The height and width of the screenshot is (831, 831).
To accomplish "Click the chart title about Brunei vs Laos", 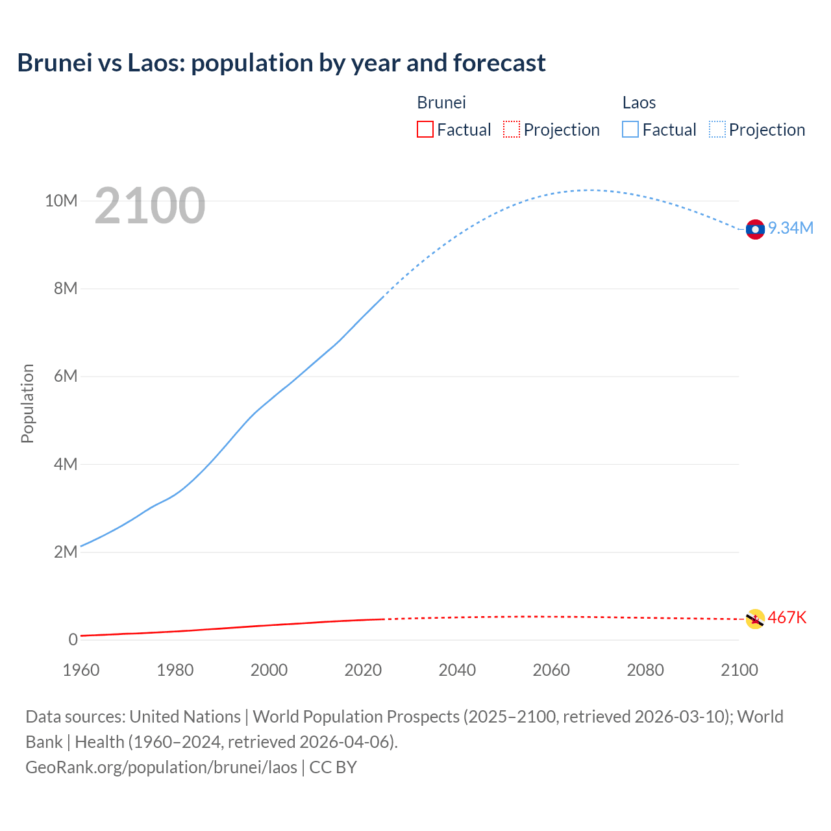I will coord(281,63).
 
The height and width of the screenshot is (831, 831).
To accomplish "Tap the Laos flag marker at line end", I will coord(755,229).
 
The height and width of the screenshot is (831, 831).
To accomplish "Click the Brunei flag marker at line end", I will coord(755,619).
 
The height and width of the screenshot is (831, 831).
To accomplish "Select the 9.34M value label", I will coord(791,228).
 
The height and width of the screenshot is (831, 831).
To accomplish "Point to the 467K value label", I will coord(787,617).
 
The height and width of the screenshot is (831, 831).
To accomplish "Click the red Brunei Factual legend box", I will coord(425,130).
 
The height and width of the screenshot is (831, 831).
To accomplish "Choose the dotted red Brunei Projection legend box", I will coord(512,130).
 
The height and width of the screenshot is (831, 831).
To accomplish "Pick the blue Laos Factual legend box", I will coord(630,130).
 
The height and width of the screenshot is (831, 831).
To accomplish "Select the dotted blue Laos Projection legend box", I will coord(717,130).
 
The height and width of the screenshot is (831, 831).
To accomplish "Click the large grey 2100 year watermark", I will coord(150,206).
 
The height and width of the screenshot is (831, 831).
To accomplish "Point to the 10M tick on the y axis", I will coord(61,201).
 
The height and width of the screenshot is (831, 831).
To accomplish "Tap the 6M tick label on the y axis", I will coord(66,376).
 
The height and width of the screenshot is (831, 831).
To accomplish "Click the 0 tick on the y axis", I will coord(73,639).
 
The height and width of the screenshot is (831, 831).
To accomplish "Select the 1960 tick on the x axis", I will coord(81,670).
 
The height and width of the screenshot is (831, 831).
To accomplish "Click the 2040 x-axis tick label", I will coord(457,670).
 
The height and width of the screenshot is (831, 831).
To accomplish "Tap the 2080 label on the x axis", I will coord(645,670).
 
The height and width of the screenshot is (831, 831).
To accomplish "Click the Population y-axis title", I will coord(27,403).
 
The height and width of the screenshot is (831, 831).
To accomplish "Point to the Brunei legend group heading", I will coord(441,103).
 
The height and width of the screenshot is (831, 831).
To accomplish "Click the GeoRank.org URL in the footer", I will coord(161,767).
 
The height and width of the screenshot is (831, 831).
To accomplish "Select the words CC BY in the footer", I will coord(333,767).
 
